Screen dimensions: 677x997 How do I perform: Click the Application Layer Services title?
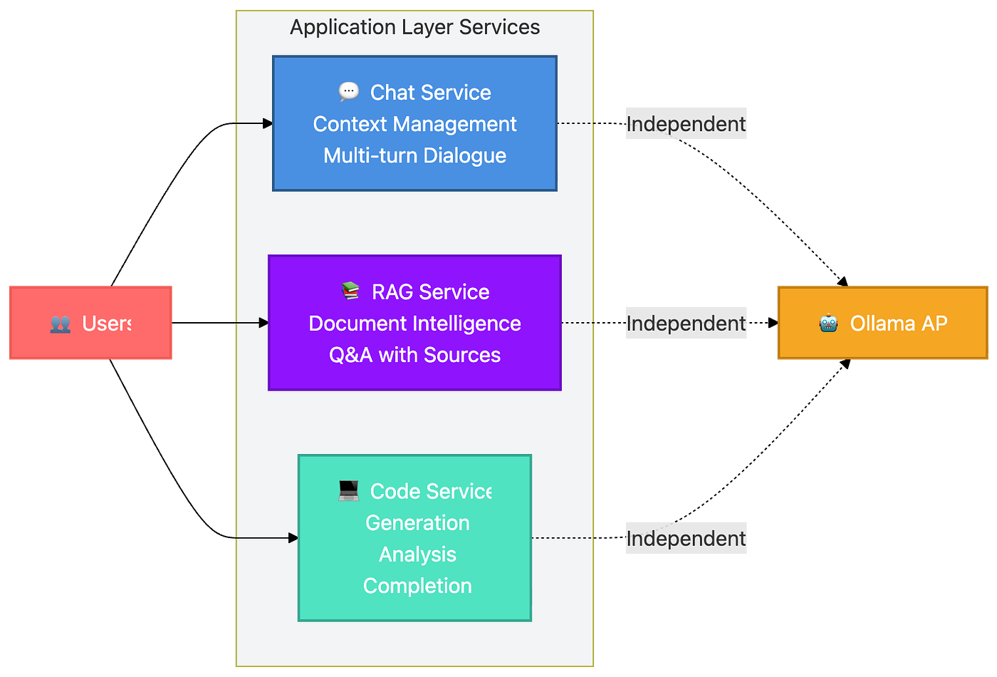414,27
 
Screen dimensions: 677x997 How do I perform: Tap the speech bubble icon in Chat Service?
348,91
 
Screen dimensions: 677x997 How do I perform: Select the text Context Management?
414,124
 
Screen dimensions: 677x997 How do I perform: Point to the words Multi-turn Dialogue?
414,155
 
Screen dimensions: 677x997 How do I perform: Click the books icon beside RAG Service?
350,291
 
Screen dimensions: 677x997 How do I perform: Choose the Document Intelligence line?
414,324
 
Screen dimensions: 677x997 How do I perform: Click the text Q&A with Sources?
414,355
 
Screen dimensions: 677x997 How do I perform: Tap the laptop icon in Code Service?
348,490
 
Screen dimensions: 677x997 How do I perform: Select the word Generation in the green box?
417,523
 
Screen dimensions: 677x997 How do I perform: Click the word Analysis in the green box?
417,554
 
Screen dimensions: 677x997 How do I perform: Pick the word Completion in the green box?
417,586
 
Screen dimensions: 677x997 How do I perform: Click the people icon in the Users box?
61,324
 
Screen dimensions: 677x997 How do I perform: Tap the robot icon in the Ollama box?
828,324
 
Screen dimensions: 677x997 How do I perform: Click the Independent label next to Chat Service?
687,124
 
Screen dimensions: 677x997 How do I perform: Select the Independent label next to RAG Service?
687,324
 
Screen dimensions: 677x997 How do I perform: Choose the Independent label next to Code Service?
687,539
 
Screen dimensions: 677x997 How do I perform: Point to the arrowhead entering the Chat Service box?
268,123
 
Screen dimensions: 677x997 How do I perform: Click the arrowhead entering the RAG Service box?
263,323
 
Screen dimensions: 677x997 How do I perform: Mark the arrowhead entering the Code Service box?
293,538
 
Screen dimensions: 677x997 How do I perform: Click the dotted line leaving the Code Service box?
570,538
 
